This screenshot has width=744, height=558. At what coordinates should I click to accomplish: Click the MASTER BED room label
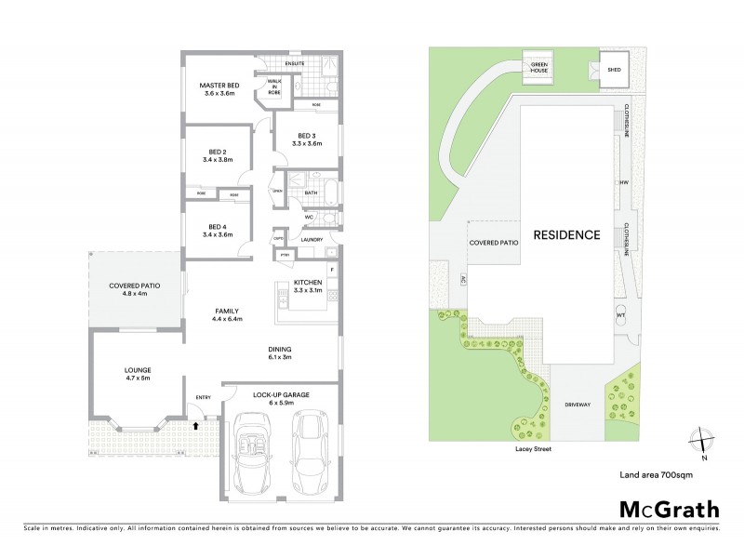(220, 89)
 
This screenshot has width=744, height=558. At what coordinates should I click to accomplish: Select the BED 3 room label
(306, 139)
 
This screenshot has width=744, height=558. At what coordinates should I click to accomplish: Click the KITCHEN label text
(308, 285)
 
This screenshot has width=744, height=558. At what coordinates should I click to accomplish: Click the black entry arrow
(194, 426)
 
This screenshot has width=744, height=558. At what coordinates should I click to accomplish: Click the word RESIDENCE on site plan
(565, 234)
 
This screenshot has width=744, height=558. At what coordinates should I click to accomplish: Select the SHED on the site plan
(614, 71)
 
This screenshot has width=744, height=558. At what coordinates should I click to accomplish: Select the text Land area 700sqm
(657, 474)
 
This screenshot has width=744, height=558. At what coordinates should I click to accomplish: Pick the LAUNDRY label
(312, 240)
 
